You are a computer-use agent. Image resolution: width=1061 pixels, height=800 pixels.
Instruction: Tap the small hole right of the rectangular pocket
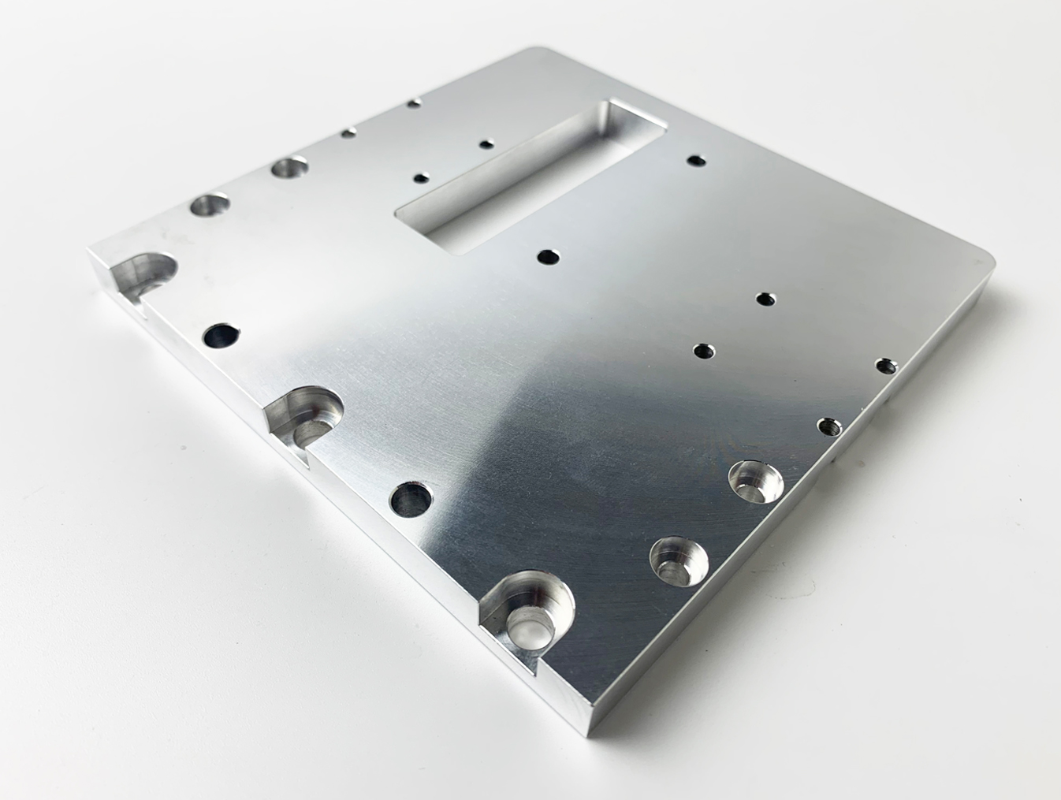point(695,161)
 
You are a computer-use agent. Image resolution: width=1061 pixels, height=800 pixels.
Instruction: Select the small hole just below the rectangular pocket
point(547,257)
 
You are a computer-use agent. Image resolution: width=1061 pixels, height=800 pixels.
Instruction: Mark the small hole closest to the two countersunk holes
point(826,426)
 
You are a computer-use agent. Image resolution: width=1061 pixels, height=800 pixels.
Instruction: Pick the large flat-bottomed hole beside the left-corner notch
point(209,206)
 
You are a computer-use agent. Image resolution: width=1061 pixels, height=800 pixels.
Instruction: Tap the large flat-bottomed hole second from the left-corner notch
point(290,167)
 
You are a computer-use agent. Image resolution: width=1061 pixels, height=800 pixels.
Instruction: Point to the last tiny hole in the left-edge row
point(413,103)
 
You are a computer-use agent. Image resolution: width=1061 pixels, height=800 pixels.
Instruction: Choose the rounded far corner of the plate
point(540,52)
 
